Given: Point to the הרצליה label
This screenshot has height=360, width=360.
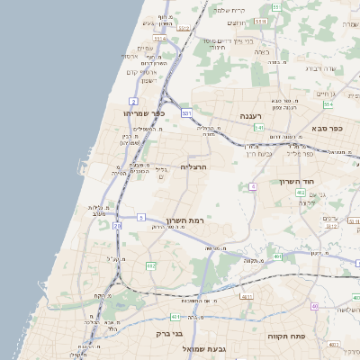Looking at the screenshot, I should click(193, 167).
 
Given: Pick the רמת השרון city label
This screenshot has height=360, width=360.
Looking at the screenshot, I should click(186, 219).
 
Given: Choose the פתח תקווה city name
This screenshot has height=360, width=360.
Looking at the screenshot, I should click(287, 334).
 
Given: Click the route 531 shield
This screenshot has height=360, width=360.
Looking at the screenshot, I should click(186, 113).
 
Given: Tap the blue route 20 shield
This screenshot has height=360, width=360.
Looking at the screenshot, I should click(117, 226).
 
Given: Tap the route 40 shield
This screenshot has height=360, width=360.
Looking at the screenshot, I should click(315, 306).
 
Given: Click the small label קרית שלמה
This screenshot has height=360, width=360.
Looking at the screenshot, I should click(231, 10).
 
